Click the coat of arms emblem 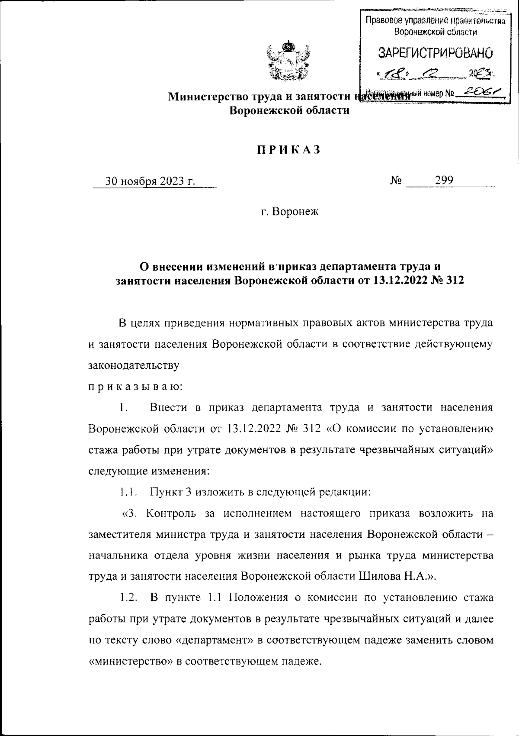point(288,60)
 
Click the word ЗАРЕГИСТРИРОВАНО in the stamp point(436,54)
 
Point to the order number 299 point(444,181)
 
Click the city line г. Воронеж point(289,212)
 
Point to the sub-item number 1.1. point(128,492)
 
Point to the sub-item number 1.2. point(129,598)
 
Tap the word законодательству point(133,365)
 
